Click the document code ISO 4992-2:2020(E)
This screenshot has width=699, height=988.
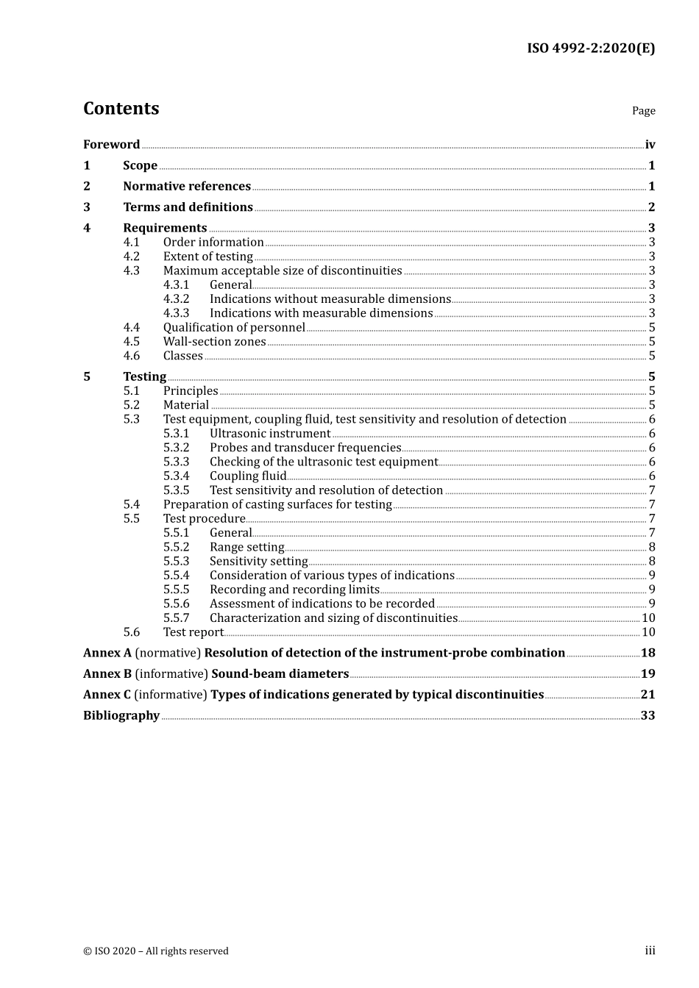590,49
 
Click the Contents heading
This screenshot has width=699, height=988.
121,109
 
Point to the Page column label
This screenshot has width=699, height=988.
643,111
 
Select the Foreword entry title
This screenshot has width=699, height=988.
111,145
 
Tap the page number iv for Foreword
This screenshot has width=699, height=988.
650,145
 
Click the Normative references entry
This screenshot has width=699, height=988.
187,187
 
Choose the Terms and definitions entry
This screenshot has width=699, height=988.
188,207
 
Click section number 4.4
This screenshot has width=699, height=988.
131,328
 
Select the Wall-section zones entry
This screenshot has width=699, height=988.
214,342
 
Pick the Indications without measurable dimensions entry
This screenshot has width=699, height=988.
330,299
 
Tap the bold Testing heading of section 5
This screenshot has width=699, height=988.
144,377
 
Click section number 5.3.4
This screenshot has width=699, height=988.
176,476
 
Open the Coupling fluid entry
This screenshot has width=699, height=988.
247,476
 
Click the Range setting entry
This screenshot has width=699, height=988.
246,548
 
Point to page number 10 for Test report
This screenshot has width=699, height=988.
648,632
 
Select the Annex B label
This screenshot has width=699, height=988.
107,674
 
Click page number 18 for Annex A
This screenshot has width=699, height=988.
647,653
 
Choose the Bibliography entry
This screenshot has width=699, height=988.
121,716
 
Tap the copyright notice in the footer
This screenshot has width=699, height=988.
156,951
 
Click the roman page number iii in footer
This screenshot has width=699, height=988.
650,951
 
